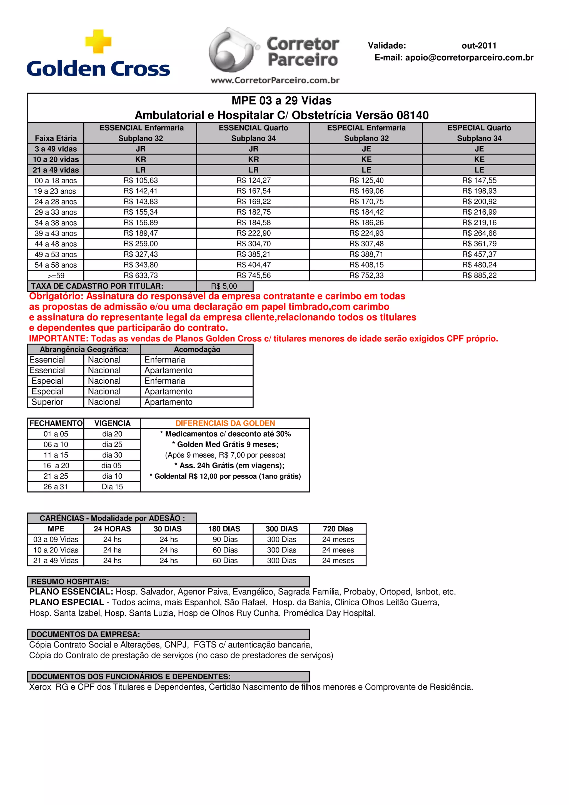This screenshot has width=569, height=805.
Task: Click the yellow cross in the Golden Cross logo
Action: [x=98, y=41]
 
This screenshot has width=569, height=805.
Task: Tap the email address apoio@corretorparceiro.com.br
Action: [x=469, y=57]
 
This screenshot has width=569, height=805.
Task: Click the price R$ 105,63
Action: [x=141, y=181]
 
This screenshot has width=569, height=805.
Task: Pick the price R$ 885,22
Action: [x=479, y=276]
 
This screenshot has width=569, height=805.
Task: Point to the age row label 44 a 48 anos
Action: [x=55, y=244]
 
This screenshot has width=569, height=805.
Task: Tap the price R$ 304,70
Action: [x=253, y=244]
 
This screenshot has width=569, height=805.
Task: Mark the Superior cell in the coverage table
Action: [x=47, y=402]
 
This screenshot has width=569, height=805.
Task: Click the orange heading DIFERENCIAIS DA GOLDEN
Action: [x=225, y=423]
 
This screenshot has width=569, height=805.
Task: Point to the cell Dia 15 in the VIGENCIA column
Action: [x=112, y=487]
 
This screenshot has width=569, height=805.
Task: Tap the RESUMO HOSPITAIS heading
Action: [x=70, y=582]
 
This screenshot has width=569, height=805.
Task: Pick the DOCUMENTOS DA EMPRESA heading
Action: [x=85, y=634]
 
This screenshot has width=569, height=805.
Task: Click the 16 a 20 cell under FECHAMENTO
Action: [x=56, y=466]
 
